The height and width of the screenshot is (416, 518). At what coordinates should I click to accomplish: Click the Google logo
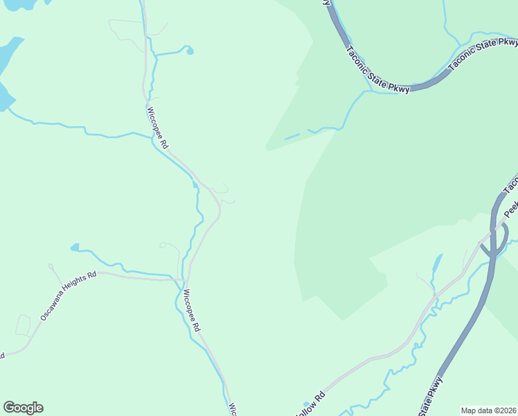coord(23,408)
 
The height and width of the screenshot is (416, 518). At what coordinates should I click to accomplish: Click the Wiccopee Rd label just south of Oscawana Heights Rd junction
coord(191,310)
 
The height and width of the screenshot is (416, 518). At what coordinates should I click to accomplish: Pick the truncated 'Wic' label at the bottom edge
coord(233,409)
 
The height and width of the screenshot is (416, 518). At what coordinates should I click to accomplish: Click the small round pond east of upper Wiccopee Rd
coord(190,51)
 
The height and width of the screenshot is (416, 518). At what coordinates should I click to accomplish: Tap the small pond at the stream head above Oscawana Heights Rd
coord(74,247)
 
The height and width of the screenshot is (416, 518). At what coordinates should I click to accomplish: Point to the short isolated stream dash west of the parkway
coord(292,136)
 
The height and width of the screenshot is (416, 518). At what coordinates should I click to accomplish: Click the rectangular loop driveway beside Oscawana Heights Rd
coord(23,324)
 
